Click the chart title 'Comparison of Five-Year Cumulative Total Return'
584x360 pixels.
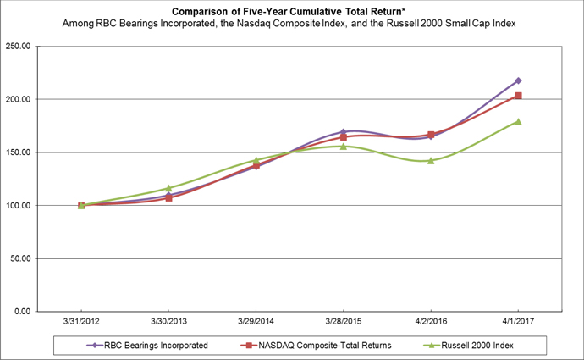[291, 12]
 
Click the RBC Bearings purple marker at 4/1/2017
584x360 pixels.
[518, 80]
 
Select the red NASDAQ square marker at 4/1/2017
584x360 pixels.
[518, 96]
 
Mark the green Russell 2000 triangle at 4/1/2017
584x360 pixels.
[518, 121]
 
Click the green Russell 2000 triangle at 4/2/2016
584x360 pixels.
[431, 160]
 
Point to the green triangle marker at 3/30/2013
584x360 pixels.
[168, 188]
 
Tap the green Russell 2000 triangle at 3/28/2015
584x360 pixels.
[344, 146]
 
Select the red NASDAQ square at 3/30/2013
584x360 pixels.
[168, 198]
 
